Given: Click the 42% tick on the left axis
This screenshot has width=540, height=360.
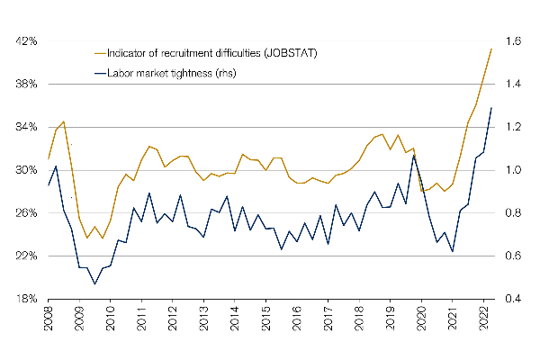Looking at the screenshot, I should pos(24,41).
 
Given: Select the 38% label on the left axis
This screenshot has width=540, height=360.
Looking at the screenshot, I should pos(24,85).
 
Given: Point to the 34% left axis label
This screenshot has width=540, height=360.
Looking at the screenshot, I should pos(24,127).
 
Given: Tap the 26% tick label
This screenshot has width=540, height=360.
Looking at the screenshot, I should pos(24,213).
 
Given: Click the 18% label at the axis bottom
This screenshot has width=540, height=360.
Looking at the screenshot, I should pos(24,299).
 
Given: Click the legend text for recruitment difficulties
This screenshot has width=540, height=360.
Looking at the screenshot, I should pos(211,53).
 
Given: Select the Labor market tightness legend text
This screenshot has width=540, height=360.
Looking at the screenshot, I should pos(171,73).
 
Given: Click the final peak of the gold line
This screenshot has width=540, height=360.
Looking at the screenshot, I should pos(490,49).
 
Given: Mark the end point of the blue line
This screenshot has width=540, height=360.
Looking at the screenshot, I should pos(490,108).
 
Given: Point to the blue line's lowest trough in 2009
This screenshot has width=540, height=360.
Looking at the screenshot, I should pos(94,284).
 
